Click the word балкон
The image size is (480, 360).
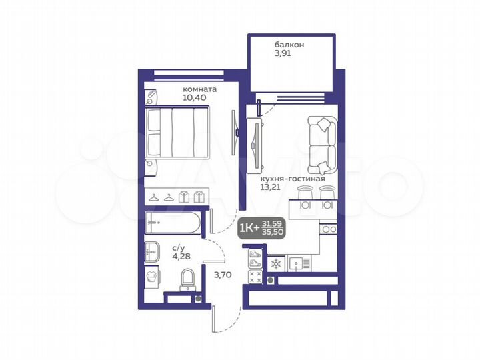click(289, 45)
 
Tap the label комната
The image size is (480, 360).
click(200, 88)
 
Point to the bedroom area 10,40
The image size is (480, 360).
click(195, 97)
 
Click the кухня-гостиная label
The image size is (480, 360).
click(293, 179)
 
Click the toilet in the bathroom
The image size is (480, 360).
click(188, 278)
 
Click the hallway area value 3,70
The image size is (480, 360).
click(221, 273)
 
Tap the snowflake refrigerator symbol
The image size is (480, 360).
click(275, 264)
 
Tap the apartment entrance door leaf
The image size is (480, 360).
click(213, 318)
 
